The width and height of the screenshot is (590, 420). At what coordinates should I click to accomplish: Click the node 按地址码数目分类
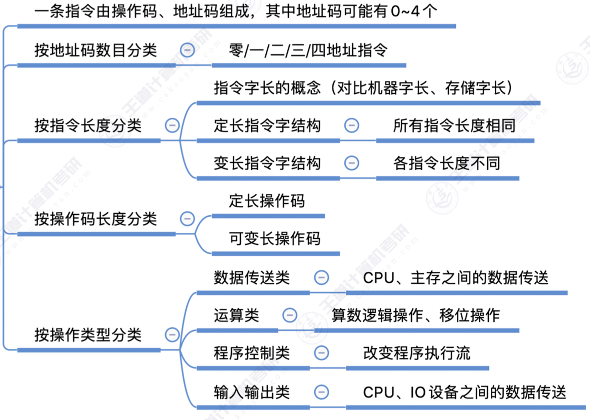(95, 50)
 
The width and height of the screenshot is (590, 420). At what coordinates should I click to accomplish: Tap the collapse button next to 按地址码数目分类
(187, 50)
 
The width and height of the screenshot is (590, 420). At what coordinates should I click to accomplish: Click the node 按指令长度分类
(88, 126)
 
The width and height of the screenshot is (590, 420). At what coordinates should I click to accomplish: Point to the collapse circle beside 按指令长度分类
(172, 125)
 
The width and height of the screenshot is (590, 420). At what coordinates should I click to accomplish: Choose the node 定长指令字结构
(267, 126)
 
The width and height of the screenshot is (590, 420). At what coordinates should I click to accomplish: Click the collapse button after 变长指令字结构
(352, 163)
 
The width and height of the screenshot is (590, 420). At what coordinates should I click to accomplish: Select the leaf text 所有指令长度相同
(454, 126)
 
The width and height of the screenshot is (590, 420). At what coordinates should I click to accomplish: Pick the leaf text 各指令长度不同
(446, 163)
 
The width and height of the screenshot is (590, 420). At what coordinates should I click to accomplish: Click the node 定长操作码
(267, 201)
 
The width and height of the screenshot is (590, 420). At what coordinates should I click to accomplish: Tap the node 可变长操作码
(274, 238)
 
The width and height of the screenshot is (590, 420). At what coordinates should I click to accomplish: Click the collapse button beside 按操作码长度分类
(187, 219)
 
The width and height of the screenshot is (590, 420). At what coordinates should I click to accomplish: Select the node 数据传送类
(251, 277)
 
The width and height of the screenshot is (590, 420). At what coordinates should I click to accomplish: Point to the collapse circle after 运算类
(289, 315)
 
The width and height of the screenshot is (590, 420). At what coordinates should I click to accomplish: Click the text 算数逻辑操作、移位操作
(416, 315)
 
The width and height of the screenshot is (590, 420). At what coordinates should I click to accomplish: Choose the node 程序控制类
(251, 353)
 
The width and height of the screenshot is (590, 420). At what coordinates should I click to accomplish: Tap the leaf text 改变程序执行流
(417, 353)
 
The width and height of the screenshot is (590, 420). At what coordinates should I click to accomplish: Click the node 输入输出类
(251, 392)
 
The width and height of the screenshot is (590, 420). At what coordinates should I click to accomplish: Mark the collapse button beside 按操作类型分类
(172, 334)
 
